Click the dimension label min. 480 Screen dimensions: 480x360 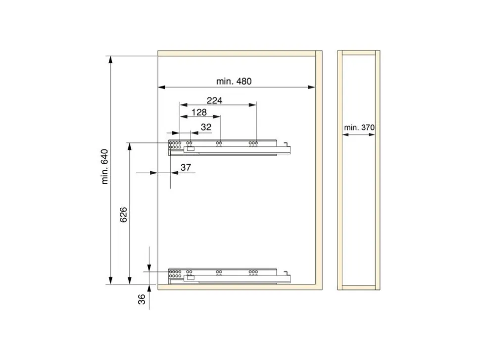coord(234,82)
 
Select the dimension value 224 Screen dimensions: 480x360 coord(214,100)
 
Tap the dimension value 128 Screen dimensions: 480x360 coord(199,112)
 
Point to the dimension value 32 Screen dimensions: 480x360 coord(206,127)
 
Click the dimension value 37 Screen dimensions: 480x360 coord(186,167)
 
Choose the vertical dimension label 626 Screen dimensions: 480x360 coord(123,215)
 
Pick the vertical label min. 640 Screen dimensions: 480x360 coord(105,167)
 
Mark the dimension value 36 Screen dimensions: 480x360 coord(142,300)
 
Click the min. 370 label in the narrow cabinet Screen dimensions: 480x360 coord(359,127)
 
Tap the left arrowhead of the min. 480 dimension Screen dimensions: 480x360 coord(162,87)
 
